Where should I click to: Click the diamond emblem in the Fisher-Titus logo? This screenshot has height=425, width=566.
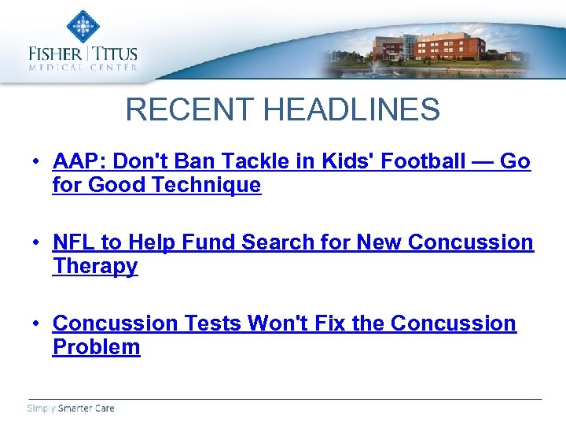click(x=82, y=26)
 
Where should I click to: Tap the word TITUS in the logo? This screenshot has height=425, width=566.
click(x=116, y=54)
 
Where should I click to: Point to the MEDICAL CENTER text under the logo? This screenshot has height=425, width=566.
click(x=83, y=68)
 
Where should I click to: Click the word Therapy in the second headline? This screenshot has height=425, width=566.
click(x=95, y=266)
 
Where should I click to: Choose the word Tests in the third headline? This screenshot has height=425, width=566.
click(x=212, y=323)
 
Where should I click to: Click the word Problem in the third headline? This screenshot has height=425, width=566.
click(x=97, y=347)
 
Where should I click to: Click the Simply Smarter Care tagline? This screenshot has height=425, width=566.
click(x=71, y=408)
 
